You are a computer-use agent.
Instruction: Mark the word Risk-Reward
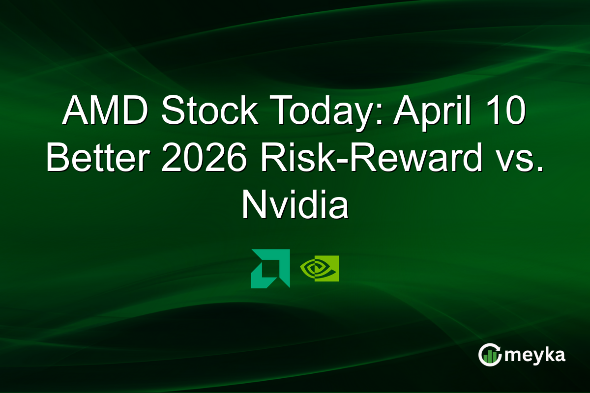(x=367, y=159)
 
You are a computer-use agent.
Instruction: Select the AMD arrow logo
(x=270, y=268)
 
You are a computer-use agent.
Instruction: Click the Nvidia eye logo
(x=320, y=268)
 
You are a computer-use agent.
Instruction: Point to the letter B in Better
(x=58, y=159)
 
